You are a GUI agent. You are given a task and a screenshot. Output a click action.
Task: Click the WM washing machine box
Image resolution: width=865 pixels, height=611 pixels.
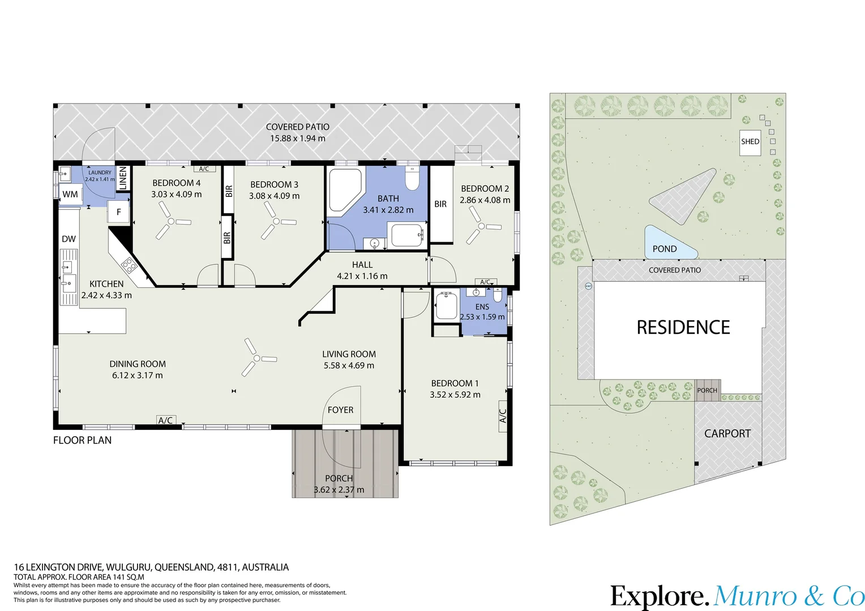click(70, 194)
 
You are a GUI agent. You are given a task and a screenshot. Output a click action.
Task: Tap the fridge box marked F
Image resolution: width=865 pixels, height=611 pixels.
click(118, 212)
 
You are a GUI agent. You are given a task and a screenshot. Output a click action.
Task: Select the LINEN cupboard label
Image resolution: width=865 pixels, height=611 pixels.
click(123, 178)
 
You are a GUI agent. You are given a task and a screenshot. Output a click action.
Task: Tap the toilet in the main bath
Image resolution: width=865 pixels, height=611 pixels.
click(413, 178)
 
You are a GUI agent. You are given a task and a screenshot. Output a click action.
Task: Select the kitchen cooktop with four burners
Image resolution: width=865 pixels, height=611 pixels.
click(129, 264)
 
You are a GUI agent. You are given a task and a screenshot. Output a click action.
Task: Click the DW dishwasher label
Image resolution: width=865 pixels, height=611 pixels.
click(68, 239)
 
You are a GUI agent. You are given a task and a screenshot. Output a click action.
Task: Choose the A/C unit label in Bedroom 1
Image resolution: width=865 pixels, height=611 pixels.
click(503, 416)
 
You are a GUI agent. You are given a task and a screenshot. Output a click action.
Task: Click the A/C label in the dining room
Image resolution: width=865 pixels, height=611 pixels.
click(166, 420)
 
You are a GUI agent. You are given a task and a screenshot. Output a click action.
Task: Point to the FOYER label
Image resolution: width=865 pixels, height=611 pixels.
click(340, 410)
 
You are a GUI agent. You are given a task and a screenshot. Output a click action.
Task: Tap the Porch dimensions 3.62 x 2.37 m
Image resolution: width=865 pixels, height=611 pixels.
click(339, 490)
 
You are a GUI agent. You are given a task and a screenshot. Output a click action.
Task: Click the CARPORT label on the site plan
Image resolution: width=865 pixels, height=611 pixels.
click(727, 433)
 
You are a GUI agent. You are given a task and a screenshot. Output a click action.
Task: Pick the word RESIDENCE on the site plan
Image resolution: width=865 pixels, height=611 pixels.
click(683, 328)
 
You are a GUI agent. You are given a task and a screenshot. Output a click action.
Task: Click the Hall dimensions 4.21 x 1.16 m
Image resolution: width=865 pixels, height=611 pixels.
click(362, 276)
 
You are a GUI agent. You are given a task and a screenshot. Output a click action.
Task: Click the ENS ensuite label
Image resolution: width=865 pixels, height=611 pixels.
click(482, 307)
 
